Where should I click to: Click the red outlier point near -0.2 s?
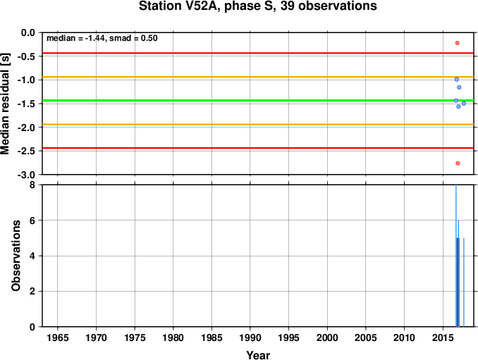(458, 43)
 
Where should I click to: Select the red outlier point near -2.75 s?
(458, 163)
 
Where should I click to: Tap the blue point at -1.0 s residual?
(457, 80)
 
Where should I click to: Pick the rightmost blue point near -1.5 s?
(464, 104)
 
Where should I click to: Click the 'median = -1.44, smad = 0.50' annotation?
(102, 38)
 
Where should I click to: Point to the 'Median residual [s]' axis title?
(5, 104)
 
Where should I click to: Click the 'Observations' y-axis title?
(16, 256)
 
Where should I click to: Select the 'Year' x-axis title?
(258, 355)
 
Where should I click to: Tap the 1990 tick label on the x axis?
(250, 337)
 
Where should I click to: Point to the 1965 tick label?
(58, 337)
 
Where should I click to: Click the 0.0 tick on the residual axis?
(28, 32)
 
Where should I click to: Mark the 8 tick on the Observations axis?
(32, 185)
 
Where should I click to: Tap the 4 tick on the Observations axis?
(32, 256)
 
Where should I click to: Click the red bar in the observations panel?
(458, 283)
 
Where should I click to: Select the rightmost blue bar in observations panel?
(464, 283)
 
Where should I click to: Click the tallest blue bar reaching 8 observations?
(456, 256)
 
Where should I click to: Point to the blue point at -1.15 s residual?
(459, 87)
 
